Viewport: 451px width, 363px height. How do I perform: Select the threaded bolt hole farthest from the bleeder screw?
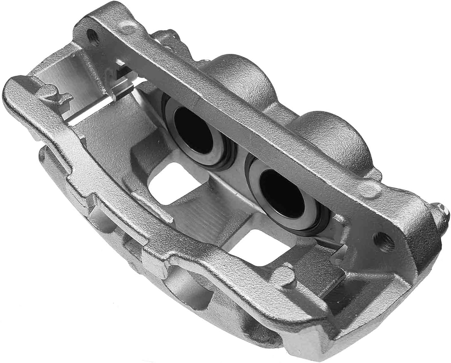[92, 35]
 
